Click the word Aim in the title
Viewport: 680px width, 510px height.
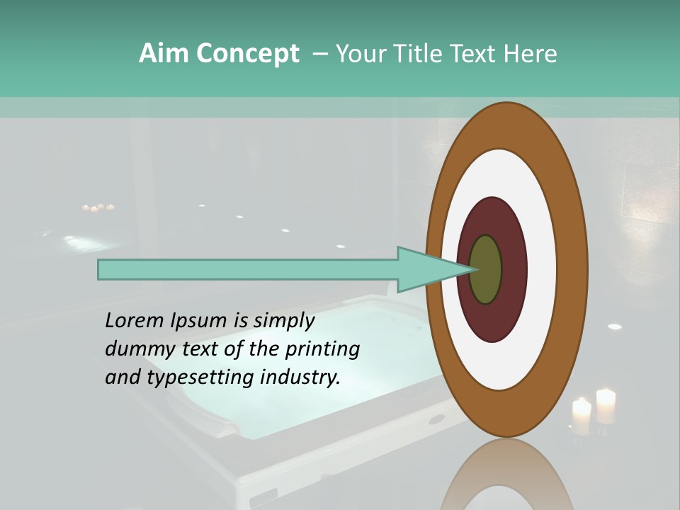pos(164,54)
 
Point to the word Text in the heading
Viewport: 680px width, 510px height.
pos(479,54)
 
